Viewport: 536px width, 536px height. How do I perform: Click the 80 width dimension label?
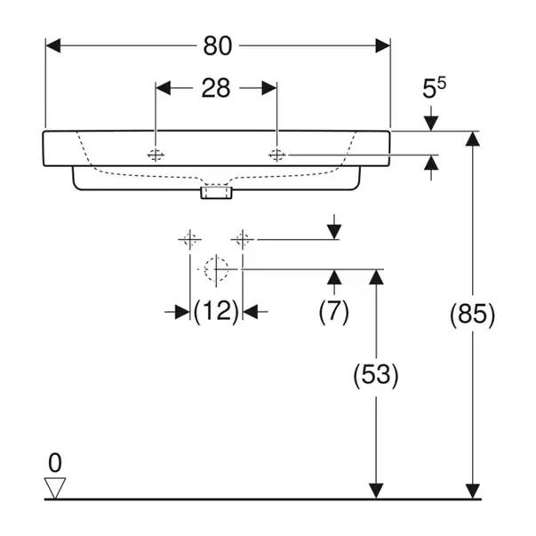217,44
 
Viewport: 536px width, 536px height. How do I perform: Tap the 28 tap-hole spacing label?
215,87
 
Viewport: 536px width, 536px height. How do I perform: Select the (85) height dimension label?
472,314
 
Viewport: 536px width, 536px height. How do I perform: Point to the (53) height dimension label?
376,375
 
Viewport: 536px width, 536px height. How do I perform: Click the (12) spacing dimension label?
216,311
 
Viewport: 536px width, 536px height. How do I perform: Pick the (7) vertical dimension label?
334,311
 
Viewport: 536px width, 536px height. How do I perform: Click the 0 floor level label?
56,462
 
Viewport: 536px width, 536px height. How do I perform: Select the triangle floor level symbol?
56,487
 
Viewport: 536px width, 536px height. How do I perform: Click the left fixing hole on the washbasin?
156,155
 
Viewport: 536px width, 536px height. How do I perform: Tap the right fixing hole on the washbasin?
276,155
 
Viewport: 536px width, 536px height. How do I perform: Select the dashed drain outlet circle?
216,268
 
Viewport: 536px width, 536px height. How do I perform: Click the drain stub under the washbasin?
216,191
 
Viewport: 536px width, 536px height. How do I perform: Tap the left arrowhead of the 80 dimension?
52,44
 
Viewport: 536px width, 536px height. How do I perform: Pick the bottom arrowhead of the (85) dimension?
472,491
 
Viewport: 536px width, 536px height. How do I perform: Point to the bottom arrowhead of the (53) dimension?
376,491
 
